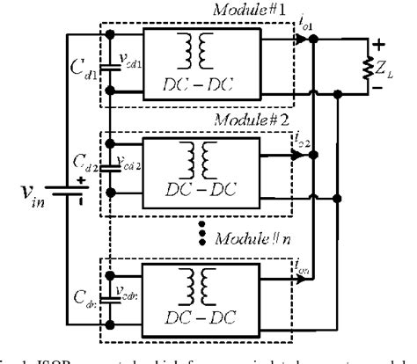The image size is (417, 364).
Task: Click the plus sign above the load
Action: click(380, 42)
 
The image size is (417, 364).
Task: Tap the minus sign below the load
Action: click(380, 87)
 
